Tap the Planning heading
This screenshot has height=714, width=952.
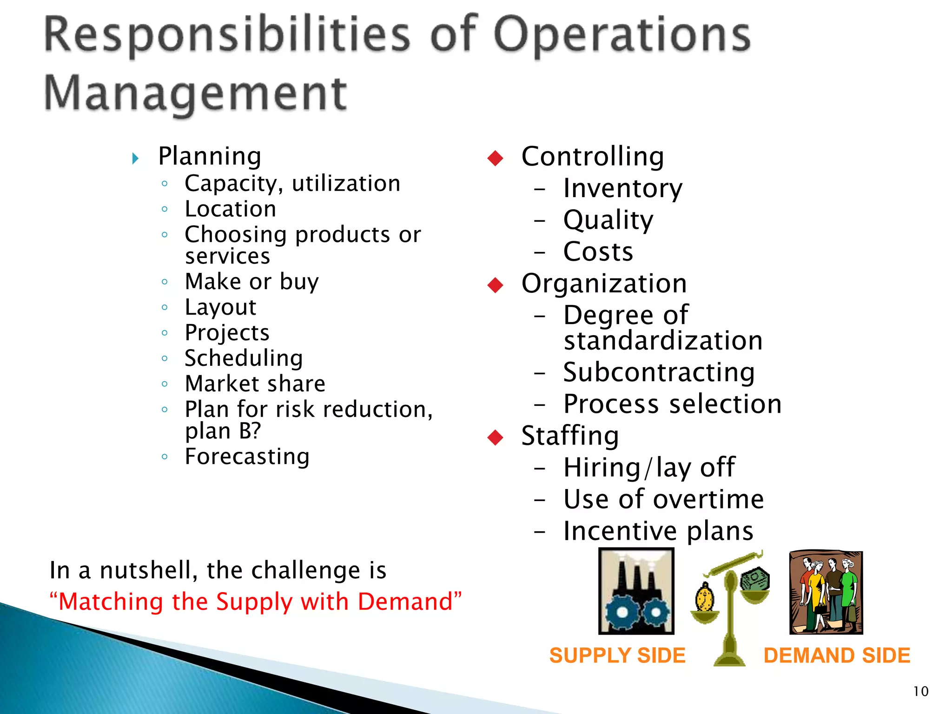click(x=210, y=157)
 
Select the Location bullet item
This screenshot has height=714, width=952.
click(x=231, y=209)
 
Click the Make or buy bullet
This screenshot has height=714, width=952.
click(x=252, y=282)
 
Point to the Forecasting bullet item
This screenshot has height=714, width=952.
click(x=247, y=456)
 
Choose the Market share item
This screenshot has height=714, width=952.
click(x=255, y=384)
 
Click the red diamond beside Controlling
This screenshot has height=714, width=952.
click(x=496, y=158)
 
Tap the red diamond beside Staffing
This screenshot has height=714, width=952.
click(x=496, y=437)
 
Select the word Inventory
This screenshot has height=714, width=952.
click(x=623, y=189)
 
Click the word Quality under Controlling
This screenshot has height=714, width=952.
click(x=608, y=220)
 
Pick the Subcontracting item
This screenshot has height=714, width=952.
click(x=659, y=372)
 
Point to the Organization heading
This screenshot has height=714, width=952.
click(x=604, y=284)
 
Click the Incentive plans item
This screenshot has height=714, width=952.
click(x=658, y=531)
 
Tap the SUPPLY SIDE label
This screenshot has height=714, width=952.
click(x=617, y=655)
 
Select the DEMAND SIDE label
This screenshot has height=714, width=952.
click(x=837, y=655)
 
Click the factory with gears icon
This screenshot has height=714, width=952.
click(x=636, y=591)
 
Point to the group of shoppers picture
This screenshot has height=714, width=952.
click(x=826, y=593)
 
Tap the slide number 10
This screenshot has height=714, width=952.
click(x=920, y=692)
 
